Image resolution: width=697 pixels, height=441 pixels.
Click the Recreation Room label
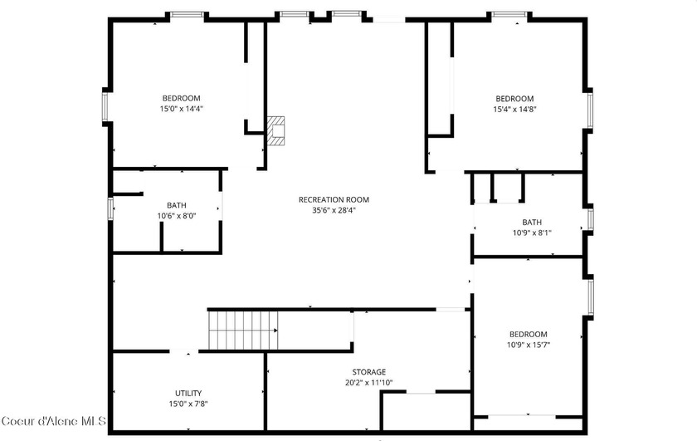(x=334, y=199)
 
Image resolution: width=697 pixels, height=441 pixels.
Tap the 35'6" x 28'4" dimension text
(x=334, y=210)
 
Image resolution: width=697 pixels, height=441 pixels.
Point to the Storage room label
(x=368, y=372)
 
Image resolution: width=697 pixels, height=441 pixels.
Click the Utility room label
(x=188, y=393)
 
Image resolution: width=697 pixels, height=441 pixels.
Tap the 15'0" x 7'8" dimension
(x=188, y=404)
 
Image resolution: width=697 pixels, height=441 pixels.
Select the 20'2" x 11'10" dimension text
(x=368, y=383)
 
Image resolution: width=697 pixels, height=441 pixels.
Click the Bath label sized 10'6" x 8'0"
(x=177, y=205)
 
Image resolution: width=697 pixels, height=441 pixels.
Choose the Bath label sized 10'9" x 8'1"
(x=532, y=222)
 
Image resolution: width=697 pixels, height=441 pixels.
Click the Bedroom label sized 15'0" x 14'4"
(x=181, y=98)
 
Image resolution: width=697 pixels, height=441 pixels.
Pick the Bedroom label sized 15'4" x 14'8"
(x=514, y=98)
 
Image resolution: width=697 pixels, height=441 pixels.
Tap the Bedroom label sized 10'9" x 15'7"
(x=529, y=334)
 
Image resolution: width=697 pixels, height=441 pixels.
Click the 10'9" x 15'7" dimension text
(x=529, y=345)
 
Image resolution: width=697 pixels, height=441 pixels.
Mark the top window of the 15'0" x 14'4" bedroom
(x=187, y=15)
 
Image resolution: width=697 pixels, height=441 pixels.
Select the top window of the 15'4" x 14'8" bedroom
(x=509, y=15)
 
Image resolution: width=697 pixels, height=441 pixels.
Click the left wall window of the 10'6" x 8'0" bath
(x=110, y=208)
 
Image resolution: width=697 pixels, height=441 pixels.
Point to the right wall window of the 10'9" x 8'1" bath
(x=590, y=218)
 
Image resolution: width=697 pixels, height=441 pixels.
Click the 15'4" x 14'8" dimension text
(x=514, y=109)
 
